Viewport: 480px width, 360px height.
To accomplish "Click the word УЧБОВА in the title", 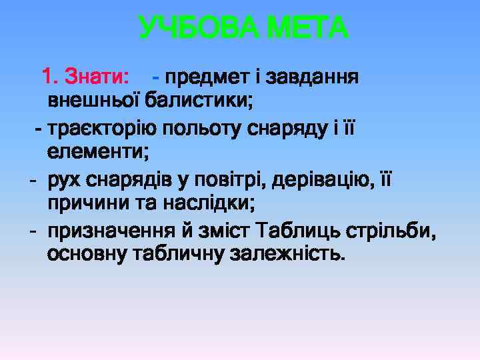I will (197, 29).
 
